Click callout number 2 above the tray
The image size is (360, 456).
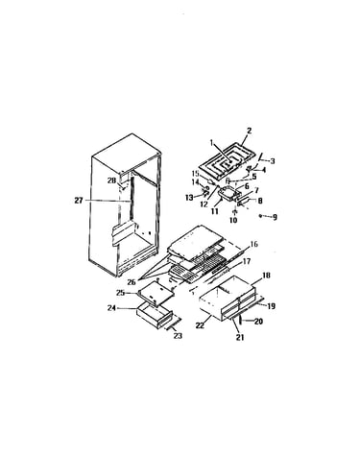pos(250,131)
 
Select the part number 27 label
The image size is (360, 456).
pos(79,201)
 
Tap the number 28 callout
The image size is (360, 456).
pos(111,181)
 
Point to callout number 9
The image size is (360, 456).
pos(275,218)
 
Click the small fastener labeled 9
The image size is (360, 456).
pos(261,216)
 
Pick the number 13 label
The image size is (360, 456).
pos(189,198)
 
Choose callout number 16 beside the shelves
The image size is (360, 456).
pos(253,245)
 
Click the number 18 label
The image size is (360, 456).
pos(266,276)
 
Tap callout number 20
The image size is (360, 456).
pos(258,321)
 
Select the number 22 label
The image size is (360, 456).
pos(200,325)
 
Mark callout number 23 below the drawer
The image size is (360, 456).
pos(178,336)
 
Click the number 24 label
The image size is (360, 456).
pos(111,309)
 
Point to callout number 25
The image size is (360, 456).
pos(120,293)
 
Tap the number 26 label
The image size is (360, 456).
pos(132,282)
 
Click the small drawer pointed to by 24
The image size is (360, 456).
pos(155,315)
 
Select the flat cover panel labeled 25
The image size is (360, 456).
pos(156,292)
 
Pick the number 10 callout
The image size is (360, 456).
pos(233,220)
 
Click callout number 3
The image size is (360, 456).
pos(273,161)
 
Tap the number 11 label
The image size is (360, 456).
pos(214,211)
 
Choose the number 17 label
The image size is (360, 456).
pos(247,261)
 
